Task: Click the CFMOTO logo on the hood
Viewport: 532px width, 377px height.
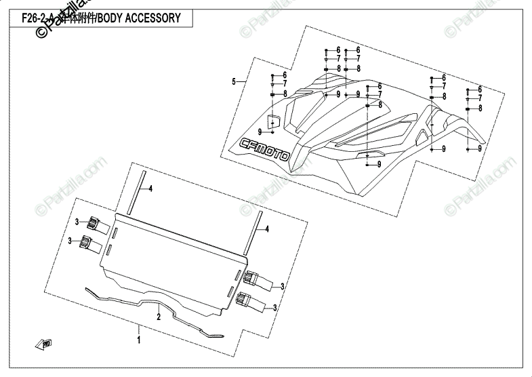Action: pos(264,150)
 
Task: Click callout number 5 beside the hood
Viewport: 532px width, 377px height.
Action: pos(234,82)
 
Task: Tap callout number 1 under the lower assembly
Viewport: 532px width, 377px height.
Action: pos(139,338)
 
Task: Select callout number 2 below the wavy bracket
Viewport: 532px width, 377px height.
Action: pos(158,316)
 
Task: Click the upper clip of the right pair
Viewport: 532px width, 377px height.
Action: pos(251,278)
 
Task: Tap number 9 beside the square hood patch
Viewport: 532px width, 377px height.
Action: pos(260,131)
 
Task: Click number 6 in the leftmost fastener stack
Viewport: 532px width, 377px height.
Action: pos(285,75)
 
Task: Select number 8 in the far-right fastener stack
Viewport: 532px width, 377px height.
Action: pos(479,108)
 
